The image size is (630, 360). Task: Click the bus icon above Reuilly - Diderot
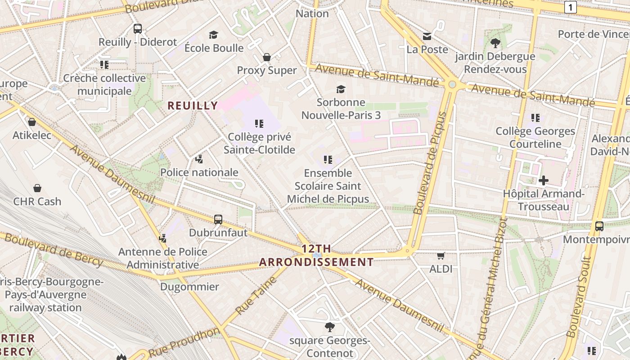138,29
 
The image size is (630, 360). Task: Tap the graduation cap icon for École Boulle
213,35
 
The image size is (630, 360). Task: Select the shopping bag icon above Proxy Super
267,57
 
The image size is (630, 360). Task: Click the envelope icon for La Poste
427,36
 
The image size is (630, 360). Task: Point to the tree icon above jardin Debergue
495,43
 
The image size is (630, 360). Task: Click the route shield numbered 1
571,7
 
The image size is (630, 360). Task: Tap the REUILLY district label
193,106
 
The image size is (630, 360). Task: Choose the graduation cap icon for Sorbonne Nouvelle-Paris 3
341,89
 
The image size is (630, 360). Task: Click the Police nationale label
199,172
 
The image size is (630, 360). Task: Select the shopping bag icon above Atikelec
32,122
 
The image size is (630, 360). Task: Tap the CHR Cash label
37,201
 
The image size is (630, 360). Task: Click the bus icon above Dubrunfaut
218,220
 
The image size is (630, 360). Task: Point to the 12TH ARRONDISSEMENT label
316,255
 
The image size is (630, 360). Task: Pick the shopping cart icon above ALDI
441,256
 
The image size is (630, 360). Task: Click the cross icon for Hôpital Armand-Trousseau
544,181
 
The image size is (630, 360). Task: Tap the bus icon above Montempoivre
599,226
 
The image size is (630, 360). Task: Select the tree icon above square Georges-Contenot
330,327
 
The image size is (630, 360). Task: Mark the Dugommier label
189,287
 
